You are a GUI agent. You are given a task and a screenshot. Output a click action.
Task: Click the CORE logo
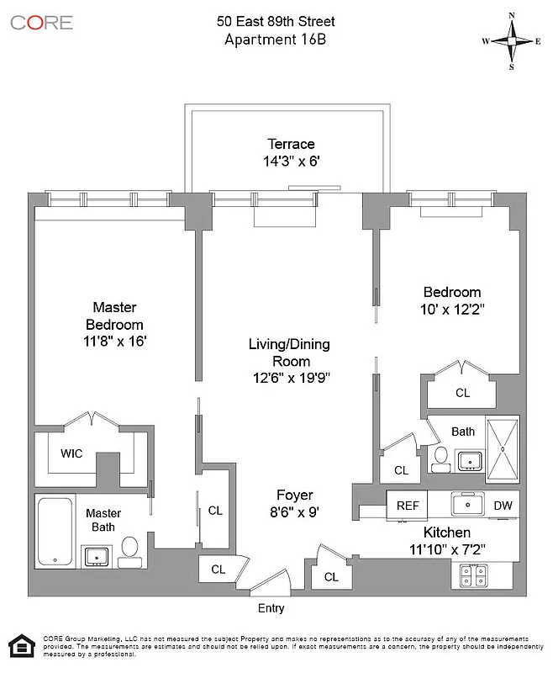[41, 23]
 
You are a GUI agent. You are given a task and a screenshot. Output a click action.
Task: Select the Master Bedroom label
[114, 315]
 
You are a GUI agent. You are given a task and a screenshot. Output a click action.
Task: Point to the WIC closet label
[71, 453]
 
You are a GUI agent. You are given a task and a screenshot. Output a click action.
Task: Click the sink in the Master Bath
[98, 556]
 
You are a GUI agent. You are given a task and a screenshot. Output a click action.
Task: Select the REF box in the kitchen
[408, 506]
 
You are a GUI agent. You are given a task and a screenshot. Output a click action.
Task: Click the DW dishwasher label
[503, 506]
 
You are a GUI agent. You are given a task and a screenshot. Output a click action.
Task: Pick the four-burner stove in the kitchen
[476, 575]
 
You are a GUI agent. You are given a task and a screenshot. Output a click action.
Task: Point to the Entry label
[271, 608]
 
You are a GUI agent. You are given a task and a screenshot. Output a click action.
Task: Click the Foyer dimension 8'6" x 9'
[294, 511]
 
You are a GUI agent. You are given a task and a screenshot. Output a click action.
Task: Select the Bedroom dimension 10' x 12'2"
[451, 309]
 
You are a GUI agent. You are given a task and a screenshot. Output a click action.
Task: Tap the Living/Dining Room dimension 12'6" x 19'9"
[289, 378]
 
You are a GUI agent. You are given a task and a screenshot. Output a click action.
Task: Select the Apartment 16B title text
[276, 39]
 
